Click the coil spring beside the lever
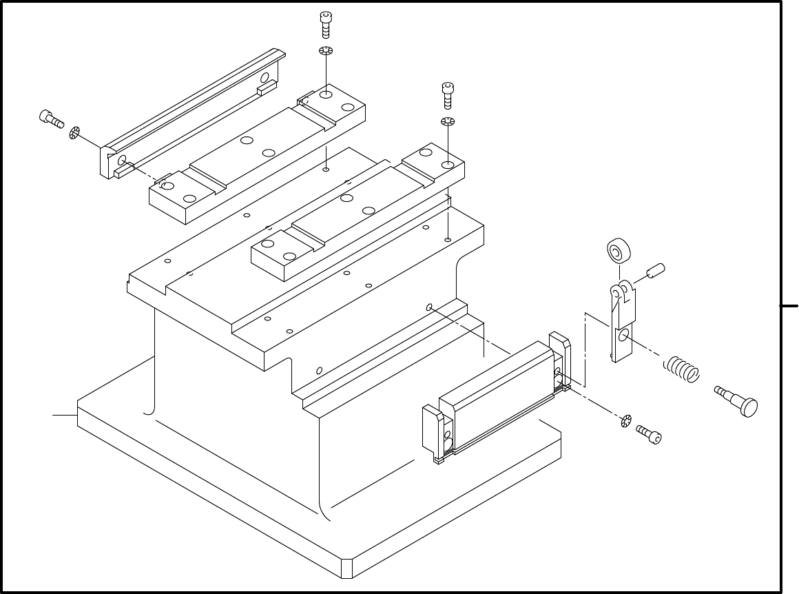tap(681, 369)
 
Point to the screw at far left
tap(51, 119)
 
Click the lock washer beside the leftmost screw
tap(75, 132)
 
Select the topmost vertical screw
tap(326, 23)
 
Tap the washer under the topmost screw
tap(326, 52)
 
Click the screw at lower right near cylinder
tap(650, 433)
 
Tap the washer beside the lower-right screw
tap(626, 420)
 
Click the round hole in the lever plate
tap(624, 336)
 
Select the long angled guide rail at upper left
tap(193, 114)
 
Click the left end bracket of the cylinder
tap(438, 434)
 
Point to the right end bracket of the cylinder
tap(559, 358)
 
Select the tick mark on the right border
tap(789, 304)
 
